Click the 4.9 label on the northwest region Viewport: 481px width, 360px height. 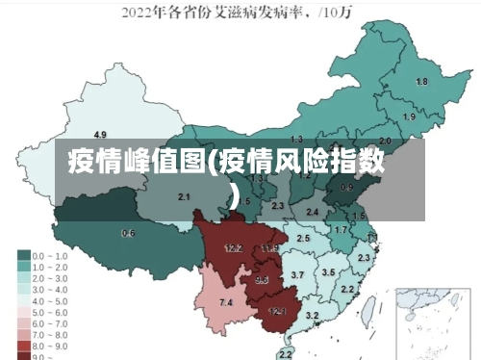click(x=100, y=134)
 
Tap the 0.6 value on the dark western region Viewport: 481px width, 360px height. click(x=128, y=234)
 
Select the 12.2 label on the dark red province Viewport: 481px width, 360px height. click(x=233, y=248)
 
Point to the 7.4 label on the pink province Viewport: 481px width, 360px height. click(x=226, y=303)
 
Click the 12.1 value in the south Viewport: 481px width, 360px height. click(x=277, y=311)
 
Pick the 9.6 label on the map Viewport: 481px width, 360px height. click(x=262, y=280)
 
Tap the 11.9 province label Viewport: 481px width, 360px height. click(x=269, y=248)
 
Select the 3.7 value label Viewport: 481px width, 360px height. click(x=297, y=276)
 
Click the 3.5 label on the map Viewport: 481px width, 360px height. click(x=328, y=273)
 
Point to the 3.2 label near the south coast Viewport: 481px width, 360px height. click(x=312, y=316)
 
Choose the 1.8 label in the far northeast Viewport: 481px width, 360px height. click(x=420, y=82)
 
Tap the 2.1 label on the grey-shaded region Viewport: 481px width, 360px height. click(x=184, y=196)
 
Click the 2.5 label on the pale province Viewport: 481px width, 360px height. click(x=303, y=238)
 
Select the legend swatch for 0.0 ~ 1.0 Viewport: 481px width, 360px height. click(x=22, y=256)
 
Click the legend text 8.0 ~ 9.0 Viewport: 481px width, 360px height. click(x=51, y=344)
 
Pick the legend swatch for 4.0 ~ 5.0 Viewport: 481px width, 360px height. click(x=22, y=300)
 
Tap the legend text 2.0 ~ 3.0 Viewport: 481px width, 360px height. click(x=51, y=278)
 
